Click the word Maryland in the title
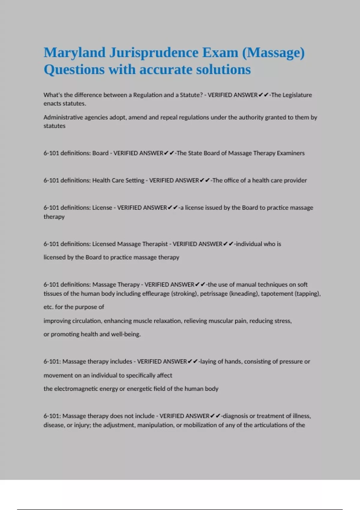coord(74,53)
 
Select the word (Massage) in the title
coord(273,53)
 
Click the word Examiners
coord(290,153)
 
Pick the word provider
coord(295,181)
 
